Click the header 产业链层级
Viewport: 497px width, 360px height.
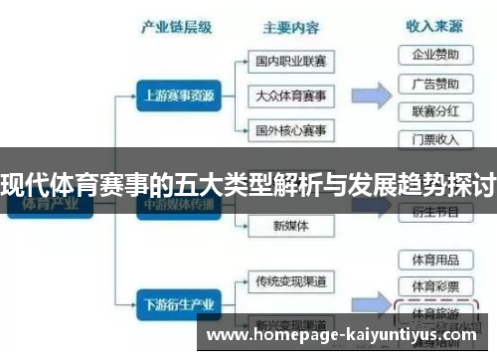tap(178, 27)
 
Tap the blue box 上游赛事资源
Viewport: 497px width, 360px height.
tap(176, 96)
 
